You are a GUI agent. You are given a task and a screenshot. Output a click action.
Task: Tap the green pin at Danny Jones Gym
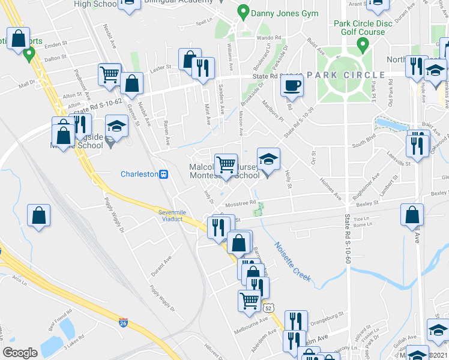pyautogui.click(x=243, y=11)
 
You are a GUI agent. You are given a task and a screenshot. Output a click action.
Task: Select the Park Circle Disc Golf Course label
pyautogui.click(x=362, y=28)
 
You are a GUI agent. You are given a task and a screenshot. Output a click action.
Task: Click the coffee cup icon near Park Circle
pyautogui.click(x=292, y=85)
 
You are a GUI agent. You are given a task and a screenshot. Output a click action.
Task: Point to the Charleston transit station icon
pyautogui.click(x=163, y=174)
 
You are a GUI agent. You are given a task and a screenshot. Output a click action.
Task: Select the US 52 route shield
pyautogui.click(x=268, y=307)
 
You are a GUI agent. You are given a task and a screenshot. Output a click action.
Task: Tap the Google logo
pyautogui.click(x=20, y=353)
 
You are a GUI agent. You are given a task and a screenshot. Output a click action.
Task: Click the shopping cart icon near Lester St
pyautogui.click(x=110, y=74)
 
